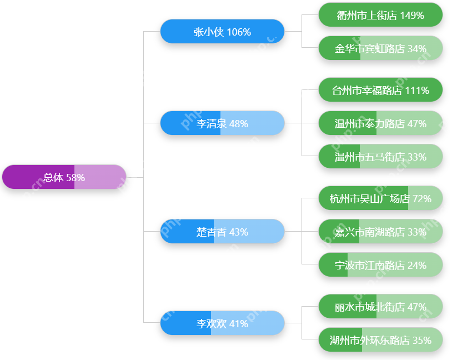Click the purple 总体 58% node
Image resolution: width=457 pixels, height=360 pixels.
(64, 177)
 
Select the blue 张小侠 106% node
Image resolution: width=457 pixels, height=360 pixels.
(222, 32)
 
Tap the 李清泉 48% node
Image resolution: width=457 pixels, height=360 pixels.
(222, 123)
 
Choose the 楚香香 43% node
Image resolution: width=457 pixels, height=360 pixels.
(222, 232)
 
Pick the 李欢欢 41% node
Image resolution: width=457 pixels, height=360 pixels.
(222, 323)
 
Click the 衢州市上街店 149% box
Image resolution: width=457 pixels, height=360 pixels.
(380, 15)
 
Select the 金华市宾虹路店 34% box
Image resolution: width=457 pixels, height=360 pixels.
(380, 48)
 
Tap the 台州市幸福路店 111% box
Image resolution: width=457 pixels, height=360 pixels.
(380, 90)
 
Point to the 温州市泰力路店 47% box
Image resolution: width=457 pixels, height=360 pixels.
(380, 123)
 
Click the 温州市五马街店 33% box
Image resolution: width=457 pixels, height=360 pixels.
(380, 157)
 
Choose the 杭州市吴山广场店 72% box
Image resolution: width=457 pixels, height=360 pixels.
(380, 198)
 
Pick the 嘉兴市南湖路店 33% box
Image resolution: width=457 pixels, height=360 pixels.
(380, 232)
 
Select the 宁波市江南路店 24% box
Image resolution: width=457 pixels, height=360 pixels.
(380, 265)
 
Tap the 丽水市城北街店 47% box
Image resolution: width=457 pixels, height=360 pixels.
(380, 307)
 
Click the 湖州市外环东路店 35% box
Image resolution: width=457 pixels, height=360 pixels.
(380, 340)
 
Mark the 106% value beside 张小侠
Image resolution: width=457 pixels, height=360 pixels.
(239, 32)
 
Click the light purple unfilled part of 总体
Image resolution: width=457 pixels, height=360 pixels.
(106, 177)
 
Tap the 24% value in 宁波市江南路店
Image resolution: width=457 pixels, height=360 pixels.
(416, 265)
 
